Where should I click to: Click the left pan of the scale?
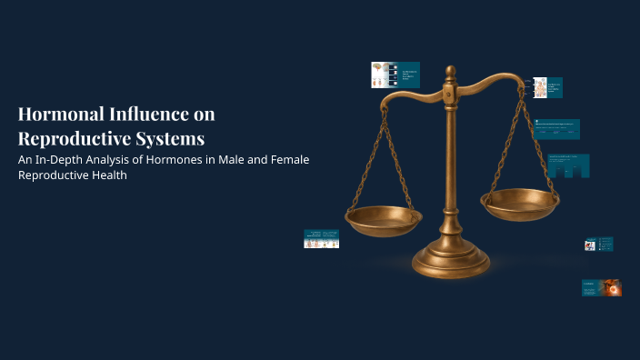tap(384, 219)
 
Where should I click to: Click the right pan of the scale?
tap(519, 203)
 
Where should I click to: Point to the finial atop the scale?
tap(450, 74)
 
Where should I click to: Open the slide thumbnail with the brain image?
tap(383, 75)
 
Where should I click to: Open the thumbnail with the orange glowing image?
tap(602, 288)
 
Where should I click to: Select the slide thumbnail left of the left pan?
tap(321, 239)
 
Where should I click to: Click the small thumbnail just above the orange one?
tap(598, 245)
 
